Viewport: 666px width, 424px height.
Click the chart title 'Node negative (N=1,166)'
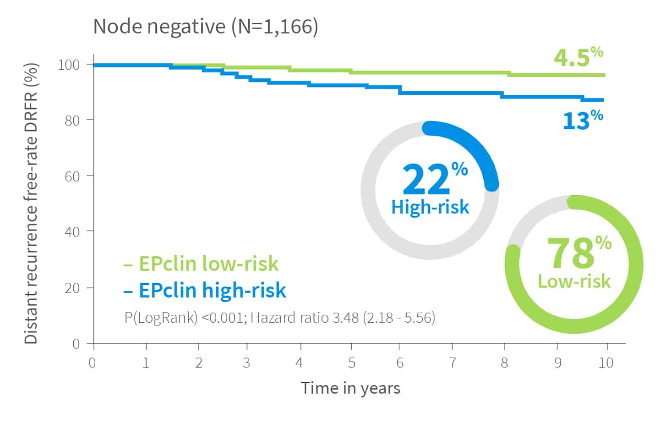click(206, 27)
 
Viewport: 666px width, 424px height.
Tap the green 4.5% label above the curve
click(579, 57)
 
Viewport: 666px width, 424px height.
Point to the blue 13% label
click(583, 120)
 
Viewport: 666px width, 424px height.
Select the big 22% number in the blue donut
click(435, 178)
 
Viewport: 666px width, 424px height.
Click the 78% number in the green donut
click(579, 253)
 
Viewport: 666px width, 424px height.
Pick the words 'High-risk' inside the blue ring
click(430, 207)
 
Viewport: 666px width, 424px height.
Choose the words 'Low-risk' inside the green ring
click(574, 281)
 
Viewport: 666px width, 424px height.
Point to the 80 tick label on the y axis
click(72, 121)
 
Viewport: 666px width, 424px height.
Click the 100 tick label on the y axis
click(69, 65)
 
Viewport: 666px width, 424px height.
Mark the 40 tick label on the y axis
click(72, 232)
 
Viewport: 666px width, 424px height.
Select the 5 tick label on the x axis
click(352, 363)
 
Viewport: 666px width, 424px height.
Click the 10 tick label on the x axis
click(606, 363)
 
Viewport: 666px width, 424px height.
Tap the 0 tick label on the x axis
click(93, 363)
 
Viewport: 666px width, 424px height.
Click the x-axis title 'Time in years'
click(350, 388)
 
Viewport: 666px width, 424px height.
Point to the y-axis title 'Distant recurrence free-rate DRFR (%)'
click(31, 204)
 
